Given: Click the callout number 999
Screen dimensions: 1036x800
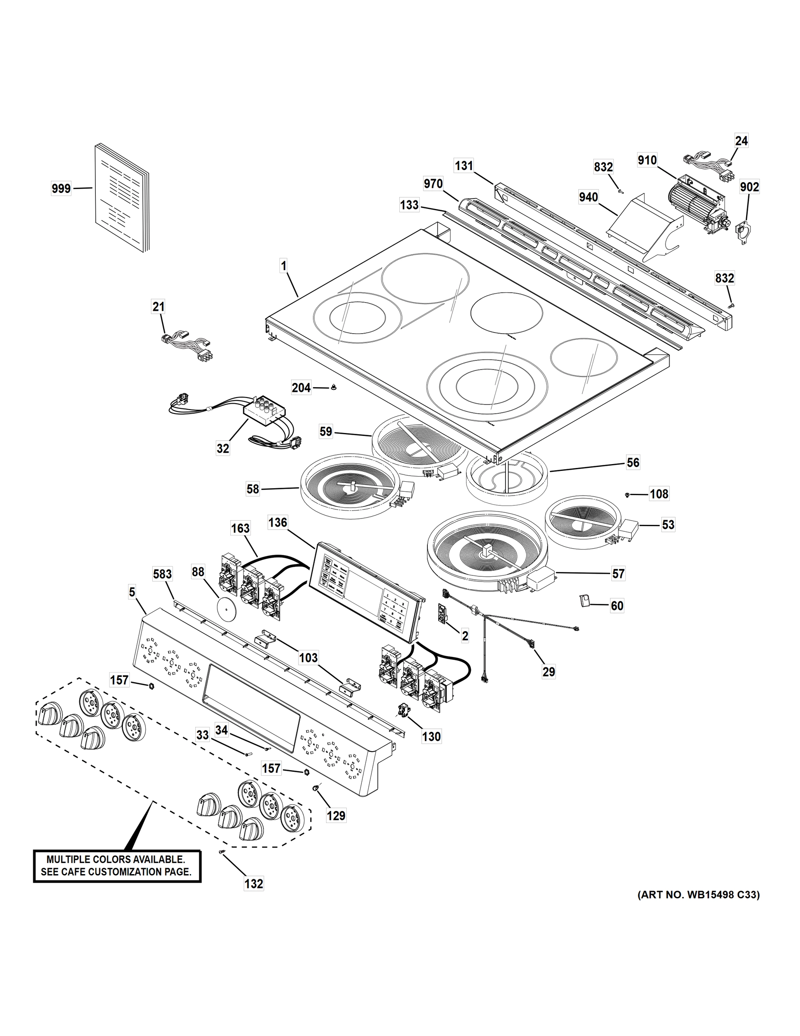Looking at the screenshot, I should pos(61,189).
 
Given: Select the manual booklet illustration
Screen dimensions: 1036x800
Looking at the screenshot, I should pos(122,198).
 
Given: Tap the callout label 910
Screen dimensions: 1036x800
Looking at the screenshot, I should pos(647,160).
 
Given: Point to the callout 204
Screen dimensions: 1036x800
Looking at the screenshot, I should pos(301,388).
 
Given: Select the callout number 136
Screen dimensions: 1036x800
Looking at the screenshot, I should pos(278,523).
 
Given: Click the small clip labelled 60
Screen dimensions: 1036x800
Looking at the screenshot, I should pos(585,601).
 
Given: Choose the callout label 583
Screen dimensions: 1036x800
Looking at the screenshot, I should pos(163,575).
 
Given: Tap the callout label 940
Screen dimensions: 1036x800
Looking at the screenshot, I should pos(588,197).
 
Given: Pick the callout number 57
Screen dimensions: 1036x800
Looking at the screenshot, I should pos(618,574).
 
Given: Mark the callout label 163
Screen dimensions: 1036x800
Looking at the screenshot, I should pos(240,528).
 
